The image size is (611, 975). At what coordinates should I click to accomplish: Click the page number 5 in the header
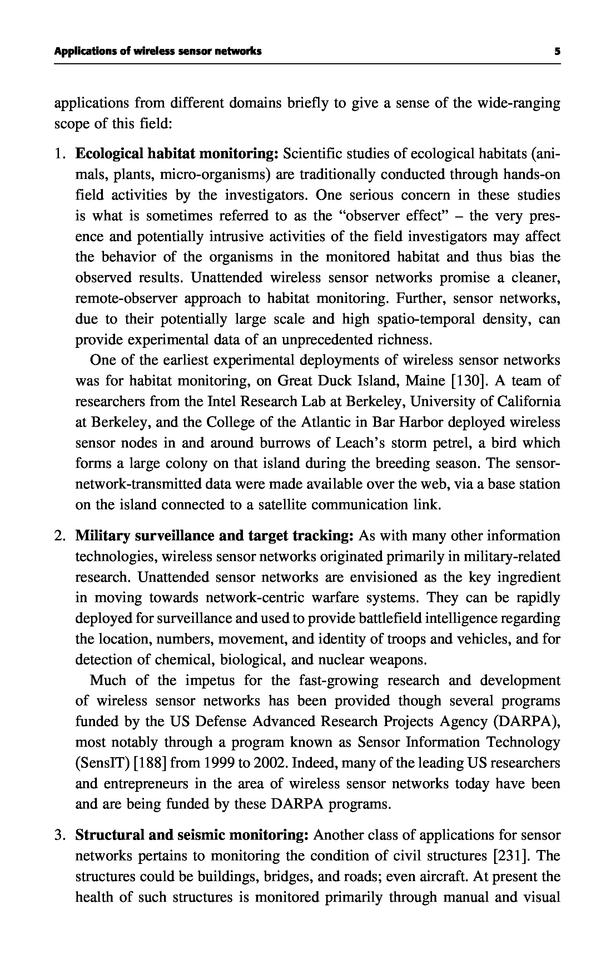(557, 51)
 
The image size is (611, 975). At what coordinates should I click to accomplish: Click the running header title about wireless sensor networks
(158, 51)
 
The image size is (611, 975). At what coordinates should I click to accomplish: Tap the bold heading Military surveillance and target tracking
(215, 536)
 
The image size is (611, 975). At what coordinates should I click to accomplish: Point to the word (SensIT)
(102, 763)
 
